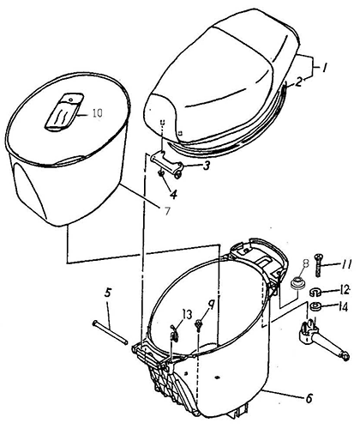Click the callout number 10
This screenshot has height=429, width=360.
tap(98, 113)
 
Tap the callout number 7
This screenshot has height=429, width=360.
tap(167, 211)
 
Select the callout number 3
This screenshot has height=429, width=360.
tap(207, 166)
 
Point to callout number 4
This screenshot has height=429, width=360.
tap(173, 194)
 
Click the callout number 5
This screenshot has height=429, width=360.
tap(107, 293)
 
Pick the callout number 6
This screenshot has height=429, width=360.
tap(309, 398)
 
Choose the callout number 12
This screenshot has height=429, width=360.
tap(345, 290)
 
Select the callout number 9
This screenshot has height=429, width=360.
tap(211, 307)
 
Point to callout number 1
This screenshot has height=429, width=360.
tap(324, 68)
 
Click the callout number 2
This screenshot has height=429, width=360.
tap(298, 82)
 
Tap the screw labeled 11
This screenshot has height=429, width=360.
tap(319, 265)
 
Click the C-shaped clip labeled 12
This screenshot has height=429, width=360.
tap(315, 293)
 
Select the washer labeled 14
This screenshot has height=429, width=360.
tap(315, 306)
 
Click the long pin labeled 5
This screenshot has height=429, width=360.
tap(110, 333)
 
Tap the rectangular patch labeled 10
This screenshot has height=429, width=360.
tap(64, 112)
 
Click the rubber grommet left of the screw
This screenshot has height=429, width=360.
tap(298, 282)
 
